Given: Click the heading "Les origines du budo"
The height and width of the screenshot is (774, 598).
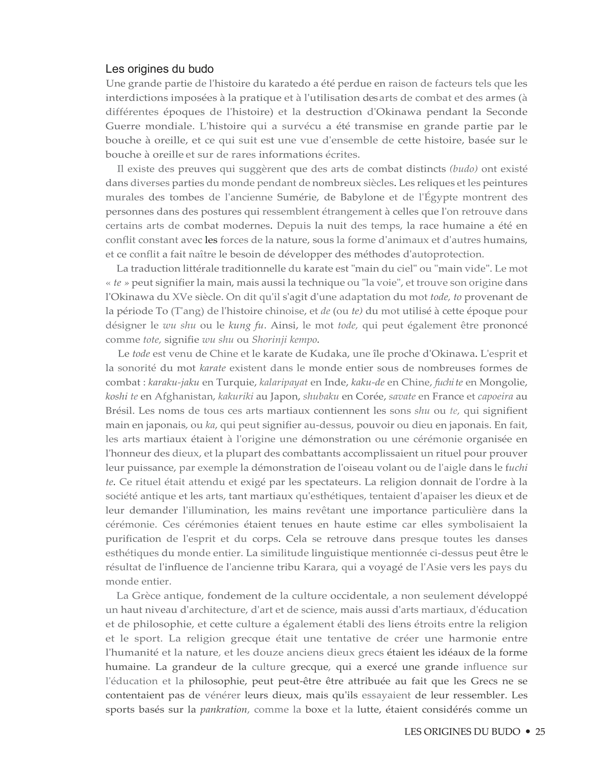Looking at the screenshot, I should (159, 69).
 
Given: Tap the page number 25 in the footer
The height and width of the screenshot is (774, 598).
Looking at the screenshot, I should (540, 731).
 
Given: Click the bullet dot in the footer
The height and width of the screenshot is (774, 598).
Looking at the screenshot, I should (528, 732).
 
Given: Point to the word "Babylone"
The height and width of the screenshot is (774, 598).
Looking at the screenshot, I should (357, 197).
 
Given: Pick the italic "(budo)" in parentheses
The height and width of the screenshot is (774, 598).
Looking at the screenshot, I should (463, 169).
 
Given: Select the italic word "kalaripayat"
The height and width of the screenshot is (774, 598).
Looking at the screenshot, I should (283, 382).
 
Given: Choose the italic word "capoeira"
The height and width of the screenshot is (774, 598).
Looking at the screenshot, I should (496, 396).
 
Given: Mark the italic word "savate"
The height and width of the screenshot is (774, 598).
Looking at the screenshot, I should (402, 396).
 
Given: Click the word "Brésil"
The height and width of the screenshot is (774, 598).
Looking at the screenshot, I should (119, 411).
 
